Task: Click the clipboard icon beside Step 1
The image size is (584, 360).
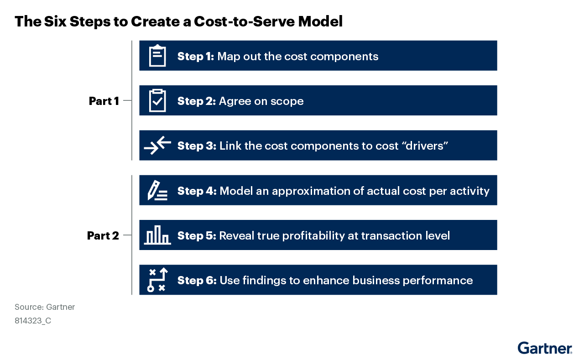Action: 157,56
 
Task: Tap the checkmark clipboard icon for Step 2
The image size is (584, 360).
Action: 157,100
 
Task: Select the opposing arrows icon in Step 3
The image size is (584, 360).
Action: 157,145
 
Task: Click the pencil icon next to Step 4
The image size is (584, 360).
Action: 157,190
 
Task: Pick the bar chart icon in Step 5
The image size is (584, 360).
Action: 157,235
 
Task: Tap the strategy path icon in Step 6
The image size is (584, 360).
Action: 157,280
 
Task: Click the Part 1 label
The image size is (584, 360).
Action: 104,101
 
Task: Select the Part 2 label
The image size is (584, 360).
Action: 103,235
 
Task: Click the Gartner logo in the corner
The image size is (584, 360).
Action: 545,348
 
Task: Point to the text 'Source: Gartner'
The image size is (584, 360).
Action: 45,307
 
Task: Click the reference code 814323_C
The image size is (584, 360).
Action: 33,320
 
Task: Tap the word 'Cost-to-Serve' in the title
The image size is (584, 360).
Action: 244,21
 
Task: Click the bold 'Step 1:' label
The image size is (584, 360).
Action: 196,56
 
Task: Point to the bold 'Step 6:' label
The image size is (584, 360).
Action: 197,281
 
